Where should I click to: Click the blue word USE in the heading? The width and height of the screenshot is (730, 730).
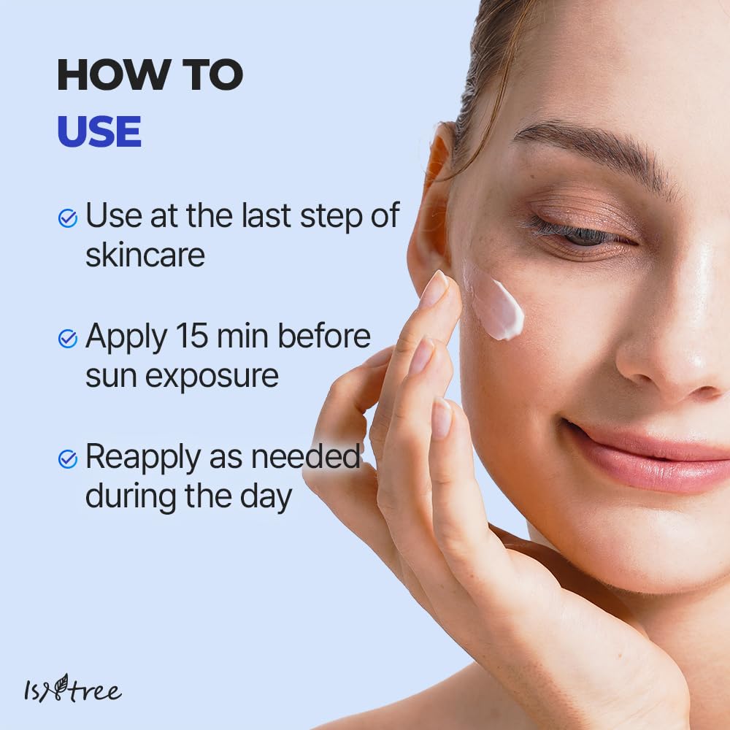[99, 131]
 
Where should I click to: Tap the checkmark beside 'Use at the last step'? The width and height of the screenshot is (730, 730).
[68, 218]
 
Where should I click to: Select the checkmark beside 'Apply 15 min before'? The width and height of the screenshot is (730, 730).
[68, 338]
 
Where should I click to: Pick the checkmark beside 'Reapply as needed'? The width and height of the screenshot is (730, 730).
[68, 458]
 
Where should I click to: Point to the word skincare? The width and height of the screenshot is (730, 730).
[145, 255]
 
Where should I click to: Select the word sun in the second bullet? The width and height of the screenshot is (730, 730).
[107, 377]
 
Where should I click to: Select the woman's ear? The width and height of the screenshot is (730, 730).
[431, 212]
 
